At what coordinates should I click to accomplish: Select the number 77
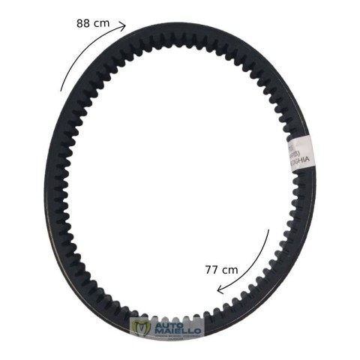click(211, 268)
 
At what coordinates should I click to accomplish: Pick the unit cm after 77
click(229, 268)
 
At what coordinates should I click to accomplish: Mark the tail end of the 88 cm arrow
click(61, 90)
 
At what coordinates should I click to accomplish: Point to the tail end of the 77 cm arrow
click(268, 229)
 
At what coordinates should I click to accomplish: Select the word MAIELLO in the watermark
click(177, 331)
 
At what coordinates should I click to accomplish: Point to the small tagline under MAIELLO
click(177, 337)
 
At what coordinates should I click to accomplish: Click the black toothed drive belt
click(67, 210)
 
